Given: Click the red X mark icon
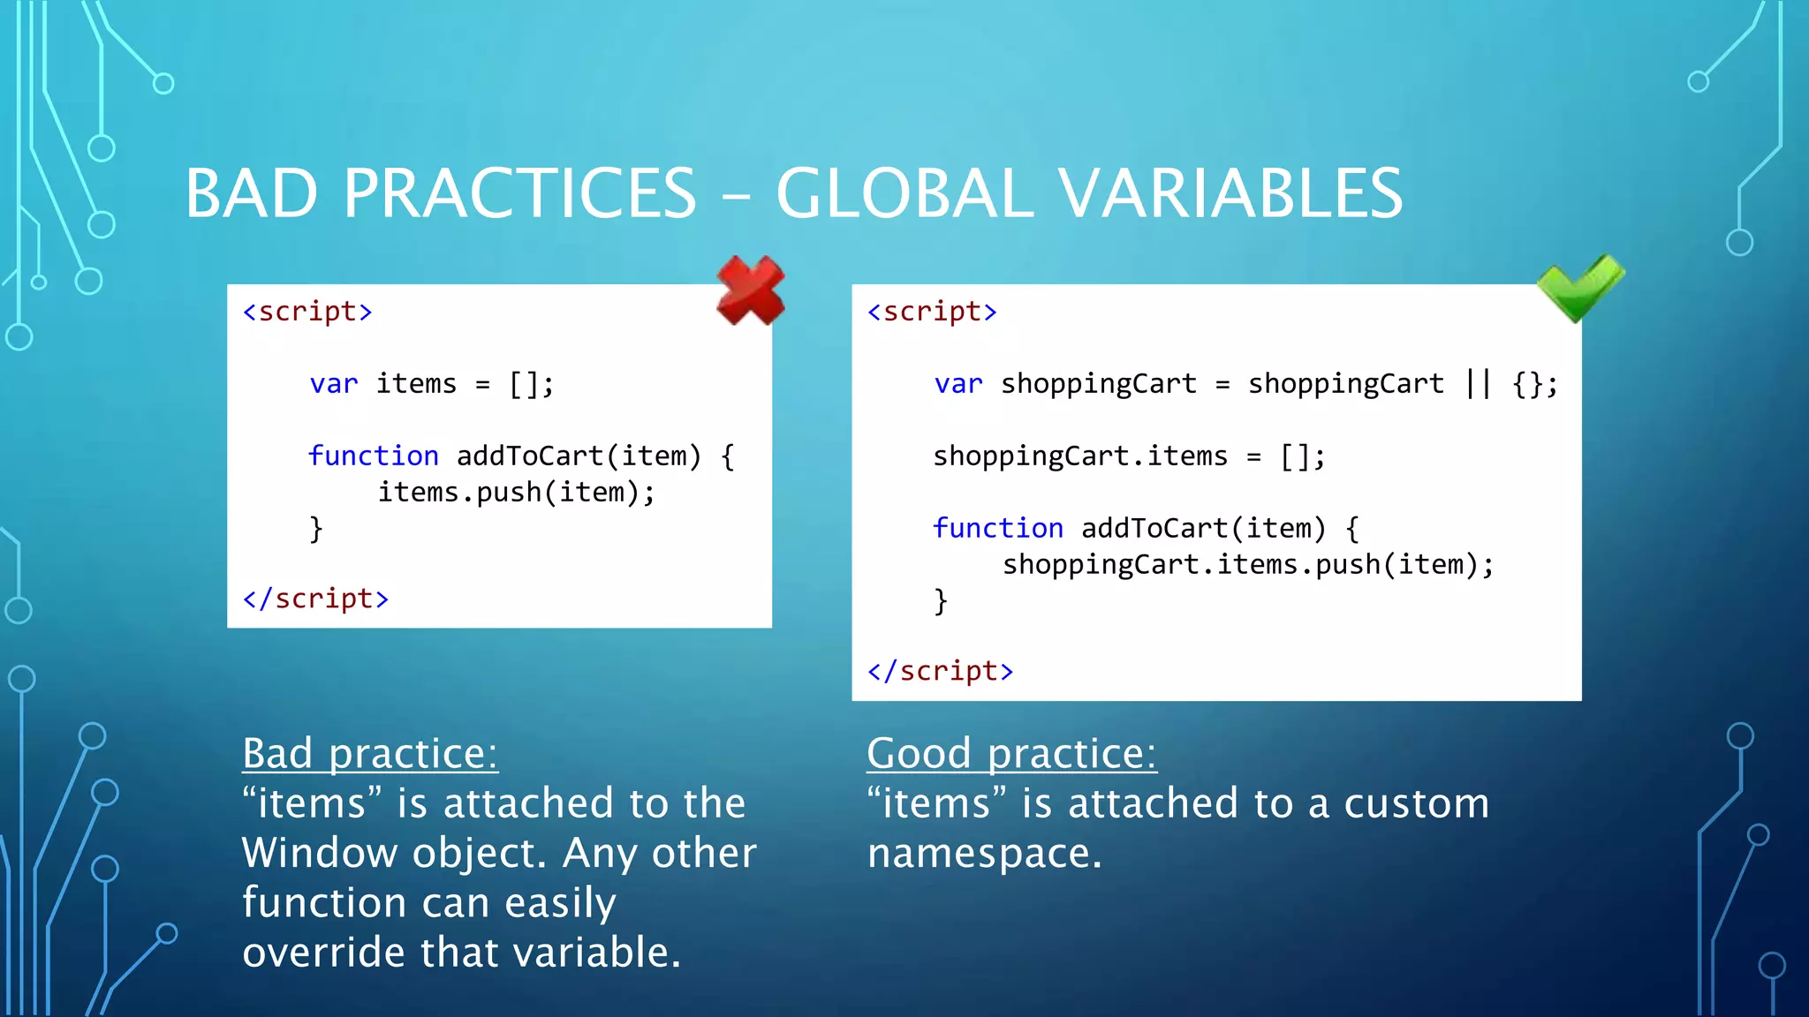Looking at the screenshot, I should pos(750,290).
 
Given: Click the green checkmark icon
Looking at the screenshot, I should pos(1579,288).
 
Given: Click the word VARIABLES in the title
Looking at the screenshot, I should pos(1230,193).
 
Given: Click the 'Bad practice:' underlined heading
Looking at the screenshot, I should pos(370,753).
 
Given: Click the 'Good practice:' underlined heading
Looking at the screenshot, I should pos(1011,753).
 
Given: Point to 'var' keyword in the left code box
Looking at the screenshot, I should pos(334,384).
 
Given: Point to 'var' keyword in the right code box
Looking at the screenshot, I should pos(958,384).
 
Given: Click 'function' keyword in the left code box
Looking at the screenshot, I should pos(374,456).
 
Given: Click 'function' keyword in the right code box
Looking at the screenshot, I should pos(998,528).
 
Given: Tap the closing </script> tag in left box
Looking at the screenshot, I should pos(315,599).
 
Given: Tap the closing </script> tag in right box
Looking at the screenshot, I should pos(940,671).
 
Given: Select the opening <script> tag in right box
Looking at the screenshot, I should pos(932,312).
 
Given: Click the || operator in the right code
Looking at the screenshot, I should pos(1478,384).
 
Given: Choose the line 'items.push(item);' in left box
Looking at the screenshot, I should pos(517,492).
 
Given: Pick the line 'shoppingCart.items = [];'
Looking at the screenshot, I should pos(1129,456).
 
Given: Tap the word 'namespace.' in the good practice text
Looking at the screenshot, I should pos(984,853).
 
